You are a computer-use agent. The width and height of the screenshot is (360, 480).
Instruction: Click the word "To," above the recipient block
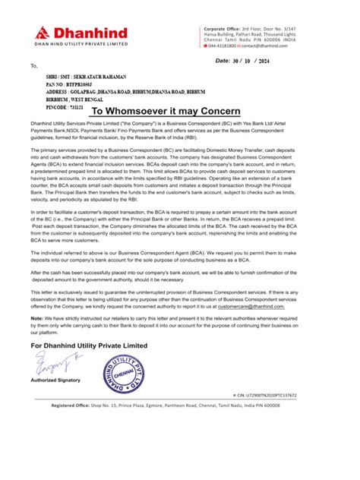[34, 66]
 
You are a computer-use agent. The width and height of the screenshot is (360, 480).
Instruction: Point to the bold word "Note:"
[38, 339]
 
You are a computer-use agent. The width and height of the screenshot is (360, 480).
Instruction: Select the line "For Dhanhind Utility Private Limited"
[96, 367]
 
